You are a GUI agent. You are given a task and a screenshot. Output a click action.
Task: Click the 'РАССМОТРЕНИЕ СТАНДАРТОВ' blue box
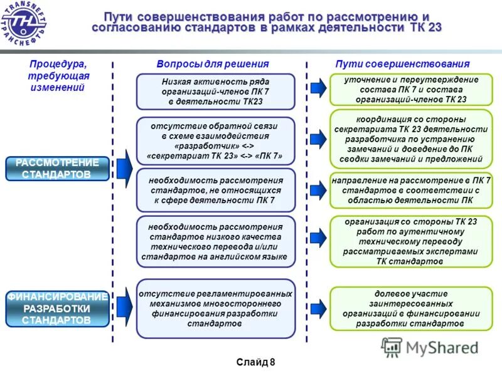click(x=57, y=169)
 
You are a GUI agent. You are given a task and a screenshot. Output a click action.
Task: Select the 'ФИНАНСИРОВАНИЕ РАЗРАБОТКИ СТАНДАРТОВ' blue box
click(x=57, y=308)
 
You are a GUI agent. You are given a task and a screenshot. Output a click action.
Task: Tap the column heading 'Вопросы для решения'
click(x=212, y=64)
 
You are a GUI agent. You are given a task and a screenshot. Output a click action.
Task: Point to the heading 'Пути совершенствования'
click(x=402, y=64)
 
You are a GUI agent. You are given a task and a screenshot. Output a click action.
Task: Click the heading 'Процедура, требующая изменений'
click(x=59, y=76)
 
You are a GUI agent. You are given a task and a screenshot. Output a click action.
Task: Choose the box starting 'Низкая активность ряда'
click(x=215, y=91)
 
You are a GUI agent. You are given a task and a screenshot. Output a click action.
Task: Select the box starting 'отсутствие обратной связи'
click(x=215, y=140)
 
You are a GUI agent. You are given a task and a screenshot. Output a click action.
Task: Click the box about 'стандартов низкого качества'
click(x=215, y=241)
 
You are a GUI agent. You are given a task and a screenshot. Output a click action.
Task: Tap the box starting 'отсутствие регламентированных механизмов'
click(x=215, y=308)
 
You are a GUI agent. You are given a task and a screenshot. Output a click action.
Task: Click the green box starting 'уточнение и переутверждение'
click(x=411, y=90)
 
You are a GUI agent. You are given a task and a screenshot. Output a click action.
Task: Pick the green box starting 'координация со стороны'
click(x=411, y=139)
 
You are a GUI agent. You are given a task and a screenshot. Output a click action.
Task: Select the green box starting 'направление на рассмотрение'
click(x=411, y=191)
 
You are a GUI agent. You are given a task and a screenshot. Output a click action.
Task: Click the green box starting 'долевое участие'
click(x=411, y=308)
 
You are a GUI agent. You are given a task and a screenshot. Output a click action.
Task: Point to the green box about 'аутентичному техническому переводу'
click(x=411, y=241)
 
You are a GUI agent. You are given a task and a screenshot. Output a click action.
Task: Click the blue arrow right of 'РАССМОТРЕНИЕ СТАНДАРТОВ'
click(x=124, y=169)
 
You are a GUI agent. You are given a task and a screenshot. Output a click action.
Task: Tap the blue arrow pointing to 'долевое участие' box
click(x=319, y=308)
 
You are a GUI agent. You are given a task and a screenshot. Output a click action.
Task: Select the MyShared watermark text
click(x=442, y=348)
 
